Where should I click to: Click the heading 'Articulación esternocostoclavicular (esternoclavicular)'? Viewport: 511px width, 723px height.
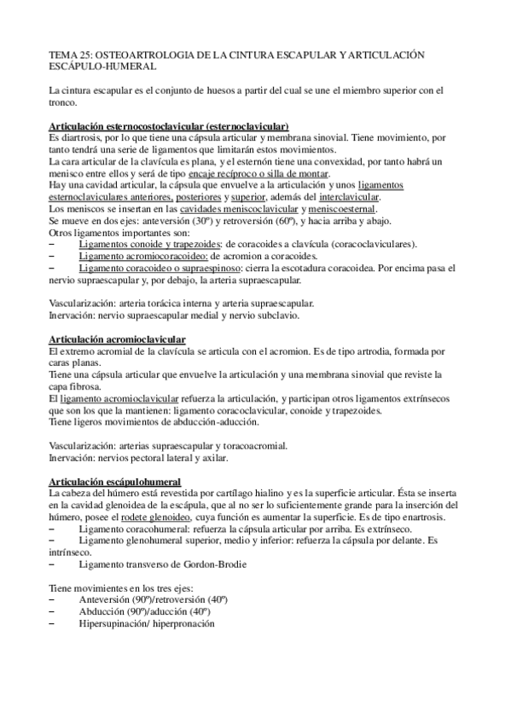170,125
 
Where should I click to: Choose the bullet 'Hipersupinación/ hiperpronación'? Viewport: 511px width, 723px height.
146,624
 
